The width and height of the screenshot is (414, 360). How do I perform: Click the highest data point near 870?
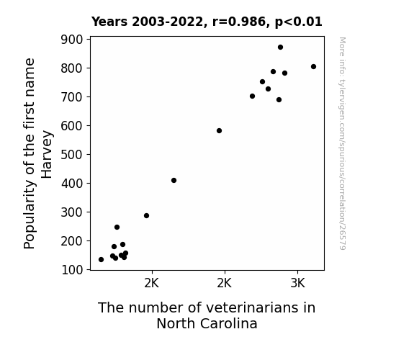tap(280, 48)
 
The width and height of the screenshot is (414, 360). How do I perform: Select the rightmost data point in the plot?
tap(313, 66)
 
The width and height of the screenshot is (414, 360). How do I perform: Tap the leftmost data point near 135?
tap(101, 260)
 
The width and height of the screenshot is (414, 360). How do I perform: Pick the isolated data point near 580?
tap(219, 131)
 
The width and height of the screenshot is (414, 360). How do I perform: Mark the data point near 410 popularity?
tap(174, 181)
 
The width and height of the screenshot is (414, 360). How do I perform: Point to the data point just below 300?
tap(147, 216)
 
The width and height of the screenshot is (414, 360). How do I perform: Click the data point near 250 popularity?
tap(117, 227)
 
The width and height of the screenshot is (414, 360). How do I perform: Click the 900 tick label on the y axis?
tap(72, 40)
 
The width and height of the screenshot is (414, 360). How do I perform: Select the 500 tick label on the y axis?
tap(72, 155)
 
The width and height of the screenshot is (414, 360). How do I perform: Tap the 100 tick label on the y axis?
tap(72, 270)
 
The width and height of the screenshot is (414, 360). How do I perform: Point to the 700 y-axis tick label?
tap(72, 97)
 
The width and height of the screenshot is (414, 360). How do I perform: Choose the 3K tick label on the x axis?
tap(297, 284)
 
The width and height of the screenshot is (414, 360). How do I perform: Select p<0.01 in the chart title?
tap(299, 22)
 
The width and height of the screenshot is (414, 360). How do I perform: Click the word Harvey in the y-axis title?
tap(47, 154)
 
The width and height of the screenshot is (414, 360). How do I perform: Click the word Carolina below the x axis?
tap(229, 323)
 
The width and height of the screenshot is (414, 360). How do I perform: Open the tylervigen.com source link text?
tap(342, 143)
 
